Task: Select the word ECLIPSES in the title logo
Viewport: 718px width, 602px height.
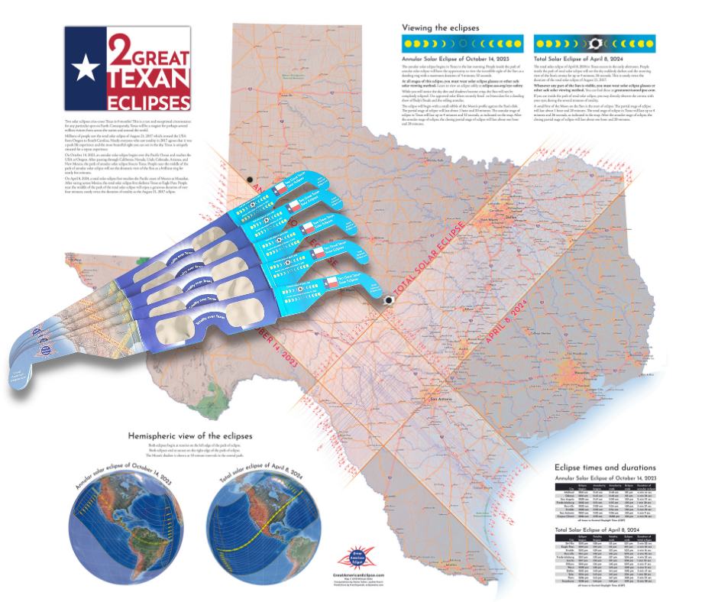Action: point(148,102)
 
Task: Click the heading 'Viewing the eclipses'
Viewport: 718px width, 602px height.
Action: point(441,28)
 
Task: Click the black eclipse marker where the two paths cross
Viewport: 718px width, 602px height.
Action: point(388,300)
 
